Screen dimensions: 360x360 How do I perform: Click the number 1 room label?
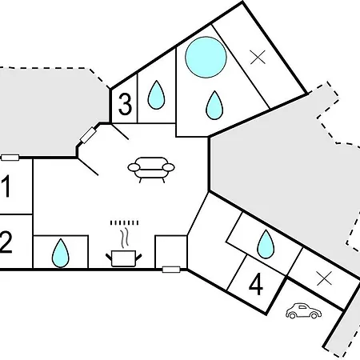point(6,186)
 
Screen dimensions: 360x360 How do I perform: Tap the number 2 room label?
point(6,242)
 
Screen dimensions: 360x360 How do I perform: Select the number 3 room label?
point(125,104)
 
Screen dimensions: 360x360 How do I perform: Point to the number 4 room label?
point(256,285)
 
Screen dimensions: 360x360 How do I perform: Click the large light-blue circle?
point(206,57)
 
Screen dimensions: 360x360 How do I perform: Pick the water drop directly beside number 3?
point(156,95)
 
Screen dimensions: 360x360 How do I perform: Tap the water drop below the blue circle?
point(214,106)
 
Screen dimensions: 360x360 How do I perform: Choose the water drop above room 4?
point(266,244)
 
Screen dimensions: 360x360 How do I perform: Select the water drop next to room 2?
point(61,253)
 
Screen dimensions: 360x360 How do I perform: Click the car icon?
point(303,310)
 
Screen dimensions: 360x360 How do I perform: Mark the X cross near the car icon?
point(324,278)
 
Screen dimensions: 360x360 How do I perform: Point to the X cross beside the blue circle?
point(258,57)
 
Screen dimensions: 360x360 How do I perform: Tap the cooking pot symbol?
point(124,258)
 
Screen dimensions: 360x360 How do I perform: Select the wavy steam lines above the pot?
point(125,238)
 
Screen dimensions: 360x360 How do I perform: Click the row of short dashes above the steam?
point(125,222)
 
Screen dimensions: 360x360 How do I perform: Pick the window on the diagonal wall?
point(88,135)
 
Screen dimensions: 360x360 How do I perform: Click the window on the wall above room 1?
point(10,158)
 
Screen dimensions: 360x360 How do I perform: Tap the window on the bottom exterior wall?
point(171,270)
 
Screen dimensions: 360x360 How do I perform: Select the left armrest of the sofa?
point(134,167)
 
